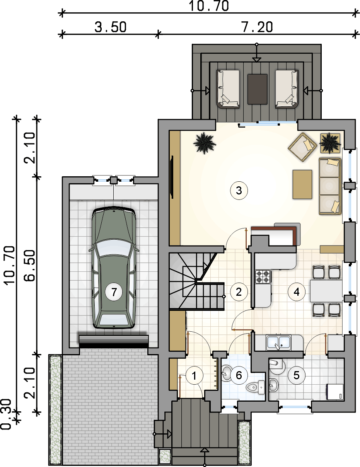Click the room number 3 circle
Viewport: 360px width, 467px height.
tap(239, 191)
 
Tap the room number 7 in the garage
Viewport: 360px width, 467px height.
tap(114, 292)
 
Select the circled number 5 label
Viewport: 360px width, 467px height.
tap(296, 375)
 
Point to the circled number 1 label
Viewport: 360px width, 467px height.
tap(194, 376)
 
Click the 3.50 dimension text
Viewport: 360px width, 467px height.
tap(111, 27)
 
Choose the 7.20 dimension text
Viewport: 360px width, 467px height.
tap(257, 27)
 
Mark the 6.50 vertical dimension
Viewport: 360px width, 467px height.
tap(29, 266)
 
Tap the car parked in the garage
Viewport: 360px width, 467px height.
tap(114, 267)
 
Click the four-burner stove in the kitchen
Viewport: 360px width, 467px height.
tap(263, 276)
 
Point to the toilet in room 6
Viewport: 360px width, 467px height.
tap(255, 387)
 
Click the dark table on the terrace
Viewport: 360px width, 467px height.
tap(257, 89)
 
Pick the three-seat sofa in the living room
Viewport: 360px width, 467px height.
tap(330, 186)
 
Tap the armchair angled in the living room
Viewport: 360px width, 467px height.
tap(302, 147)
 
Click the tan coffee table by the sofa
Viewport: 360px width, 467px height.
tap(302, 184)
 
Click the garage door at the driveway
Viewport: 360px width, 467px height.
tap(114, 341)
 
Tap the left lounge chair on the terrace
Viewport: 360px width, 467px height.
tap(228, 89)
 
